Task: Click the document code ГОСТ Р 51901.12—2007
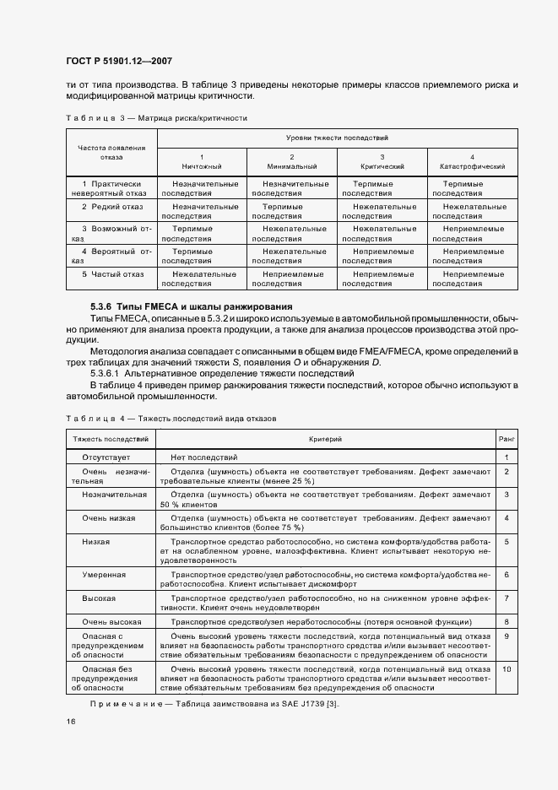[x=118, y=62]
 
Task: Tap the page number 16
[x=71, y=722]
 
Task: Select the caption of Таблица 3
[x=156, y=118]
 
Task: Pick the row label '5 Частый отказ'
[x=112, y=274]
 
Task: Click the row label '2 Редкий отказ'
[x=112, y=206]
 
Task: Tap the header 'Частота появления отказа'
[x=111, y=152]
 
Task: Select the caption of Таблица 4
[x=171, y=418]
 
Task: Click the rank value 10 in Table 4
[x=507, y=669]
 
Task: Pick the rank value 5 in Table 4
[x=507, y=541]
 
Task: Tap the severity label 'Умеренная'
[x=104, y=575]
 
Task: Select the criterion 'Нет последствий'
[x=205, y=457]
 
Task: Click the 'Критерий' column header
[x=325, y=439]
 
